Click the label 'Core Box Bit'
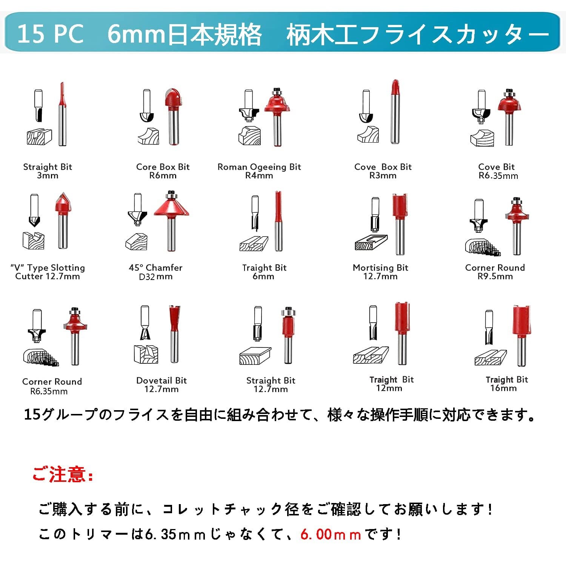point(163,167)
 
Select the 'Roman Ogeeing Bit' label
point(259,167)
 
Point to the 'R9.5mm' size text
point(495,277)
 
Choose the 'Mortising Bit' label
point(380,268)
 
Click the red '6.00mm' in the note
point(331,534)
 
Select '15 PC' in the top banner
point(50,34)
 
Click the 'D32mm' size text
point(155,277)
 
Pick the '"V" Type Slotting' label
point(48,268)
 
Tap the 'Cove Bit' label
point(496,167)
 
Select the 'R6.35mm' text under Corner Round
point(49,391)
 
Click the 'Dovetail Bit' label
point(161,380)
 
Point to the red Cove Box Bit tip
point(395,88)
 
